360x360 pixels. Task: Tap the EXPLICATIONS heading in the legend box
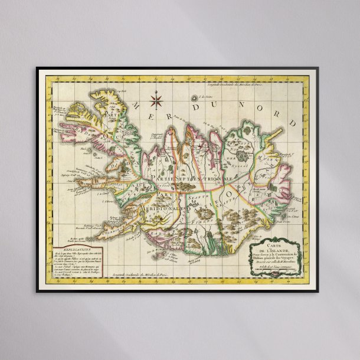pyautogui.click(x=69, y=250)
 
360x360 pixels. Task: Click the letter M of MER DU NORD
pyautogui.click(x=135, y=106)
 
